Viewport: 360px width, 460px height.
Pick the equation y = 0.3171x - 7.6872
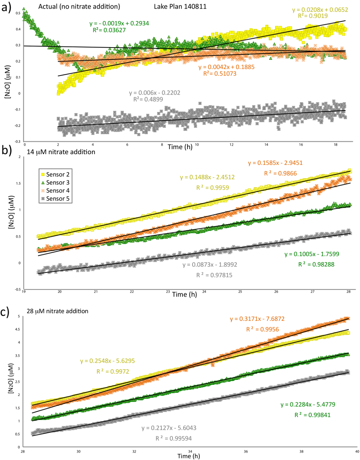257,319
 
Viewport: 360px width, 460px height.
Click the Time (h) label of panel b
185,294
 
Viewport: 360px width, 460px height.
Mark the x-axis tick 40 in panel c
357,452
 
